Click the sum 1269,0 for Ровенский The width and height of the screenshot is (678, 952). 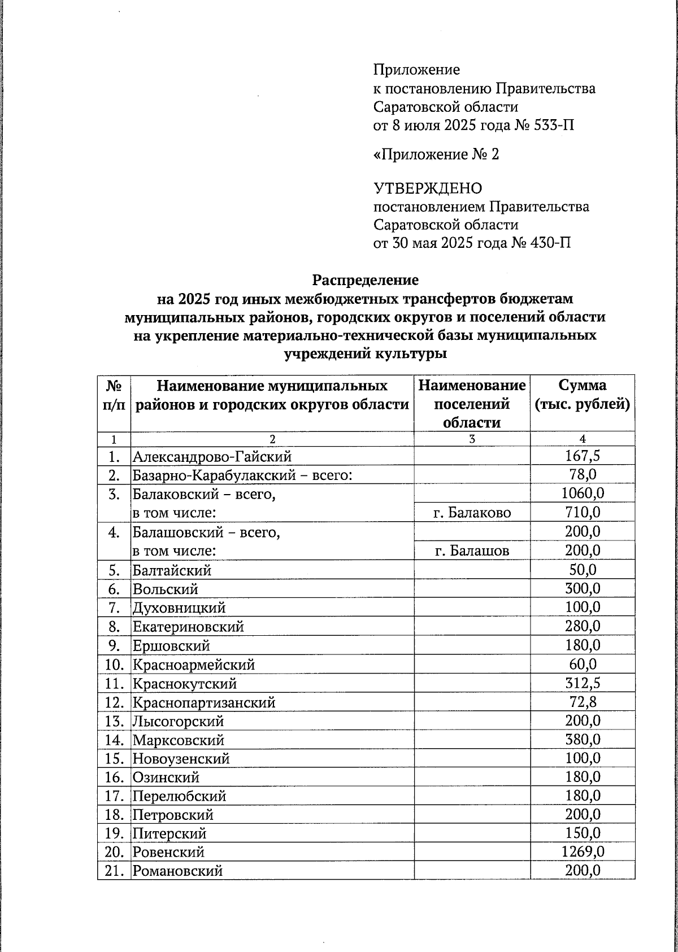tap(583, 851)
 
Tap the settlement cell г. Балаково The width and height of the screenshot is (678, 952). tap(472, 513)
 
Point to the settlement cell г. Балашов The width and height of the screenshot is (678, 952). tap(472, 551)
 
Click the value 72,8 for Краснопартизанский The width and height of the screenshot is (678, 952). tap(583, 702)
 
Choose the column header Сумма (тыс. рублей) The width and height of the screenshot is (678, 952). tap(583, 395)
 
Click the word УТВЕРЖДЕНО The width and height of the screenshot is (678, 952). tap(428, 188)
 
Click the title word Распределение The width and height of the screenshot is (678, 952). tap(365, 280)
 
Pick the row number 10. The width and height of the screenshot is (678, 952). tap(114, 665)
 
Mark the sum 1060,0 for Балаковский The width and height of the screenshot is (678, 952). tap(583, 494)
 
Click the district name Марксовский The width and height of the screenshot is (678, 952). tap(178, 740)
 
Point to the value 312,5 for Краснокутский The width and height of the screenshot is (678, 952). tap(583, 683)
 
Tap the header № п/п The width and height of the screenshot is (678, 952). tap(114, 395)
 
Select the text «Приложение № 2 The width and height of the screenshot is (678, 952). tap(436, 154)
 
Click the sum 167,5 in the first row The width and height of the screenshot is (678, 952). tap(583, 456)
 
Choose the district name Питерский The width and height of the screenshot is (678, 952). tap(169, 833)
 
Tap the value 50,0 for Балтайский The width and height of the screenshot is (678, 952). tap(583, 570)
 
